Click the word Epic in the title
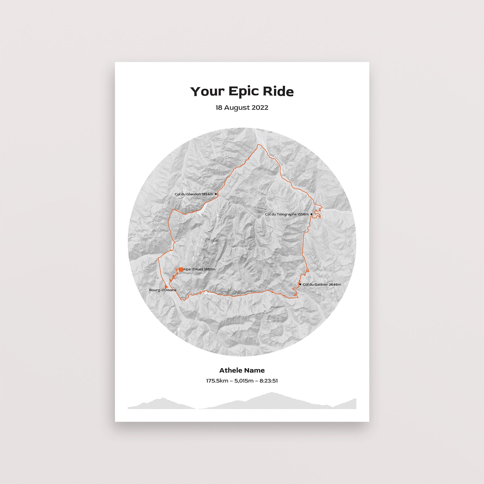[243, 92]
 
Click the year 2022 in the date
[260, 108]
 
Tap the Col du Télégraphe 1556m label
[287, 214]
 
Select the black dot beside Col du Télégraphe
[311, 214]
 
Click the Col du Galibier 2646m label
[322, 285]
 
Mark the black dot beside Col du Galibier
[300, 284]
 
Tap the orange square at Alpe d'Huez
[181, 269]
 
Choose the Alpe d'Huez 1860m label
[199, 269]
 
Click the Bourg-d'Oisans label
[163, 290]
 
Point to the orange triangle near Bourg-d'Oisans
[166, 286]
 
